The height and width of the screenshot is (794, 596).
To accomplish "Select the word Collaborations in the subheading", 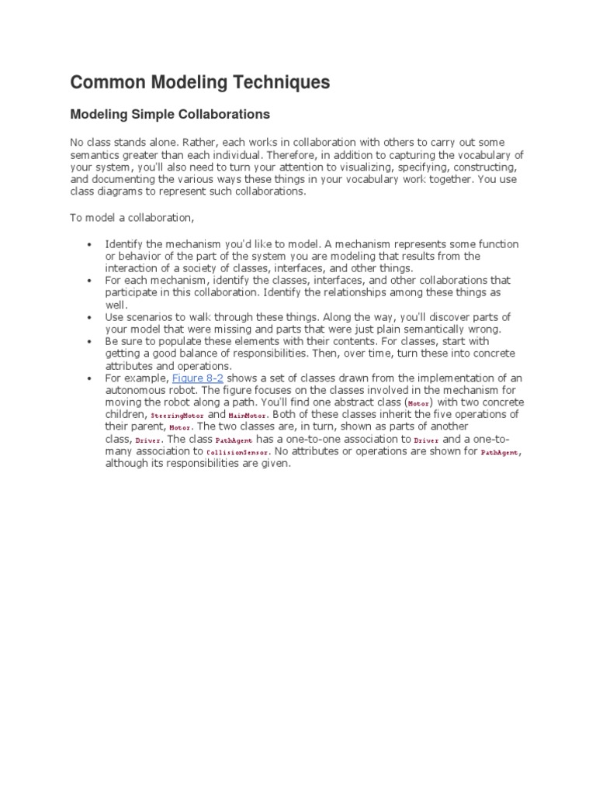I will pos(225,114).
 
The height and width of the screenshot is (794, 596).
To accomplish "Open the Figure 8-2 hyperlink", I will pos(197,378).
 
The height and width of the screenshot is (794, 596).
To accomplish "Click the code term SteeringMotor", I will pos(177,416).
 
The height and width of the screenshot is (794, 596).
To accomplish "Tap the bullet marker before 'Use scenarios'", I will pos(90,317).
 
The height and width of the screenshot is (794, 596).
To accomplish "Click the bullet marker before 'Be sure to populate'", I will pos(90,341).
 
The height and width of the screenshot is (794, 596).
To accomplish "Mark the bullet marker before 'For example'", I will pos(90,378).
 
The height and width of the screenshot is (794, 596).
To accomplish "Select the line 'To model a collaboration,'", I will pos(132,216).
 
